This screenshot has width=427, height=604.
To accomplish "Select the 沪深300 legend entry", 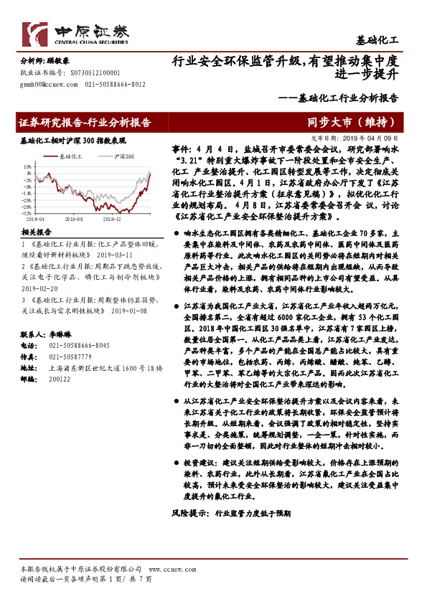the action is [x=123, y=155].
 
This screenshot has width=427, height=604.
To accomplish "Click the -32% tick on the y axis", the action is [x=26, y=213].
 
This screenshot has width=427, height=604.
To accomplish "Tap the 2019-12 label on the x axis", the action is [x=111, y=219].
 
